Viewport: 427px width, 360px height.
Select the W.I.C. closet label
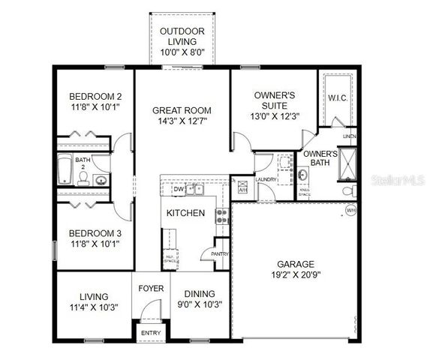tap(336, 98)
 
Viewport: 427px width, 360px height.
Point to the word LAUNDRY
tap(266, 179)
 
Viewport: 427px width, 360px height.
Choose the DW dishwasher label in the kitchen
tap(179, 190)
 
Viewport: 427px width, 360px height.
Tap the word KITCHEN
tap(185, 213)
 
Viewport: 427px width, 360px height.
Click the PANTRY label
tap(221, 254)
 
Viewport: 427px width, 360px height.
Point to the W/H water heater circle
tap(350, 212)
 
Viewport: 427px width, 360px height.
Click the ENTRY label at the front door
tap(150, 332)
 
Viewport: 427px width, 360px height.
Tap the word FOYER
tap(150, 287)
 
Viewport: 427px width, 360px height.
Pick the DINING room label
tap(200, 293)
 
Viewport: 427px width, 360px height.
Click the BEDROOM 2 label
tap(95, 97)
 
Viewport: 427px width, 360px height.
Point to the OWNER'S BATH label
tap(320, 157)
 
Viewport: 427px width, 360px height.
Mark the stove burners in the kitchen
tap(221, 217)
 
